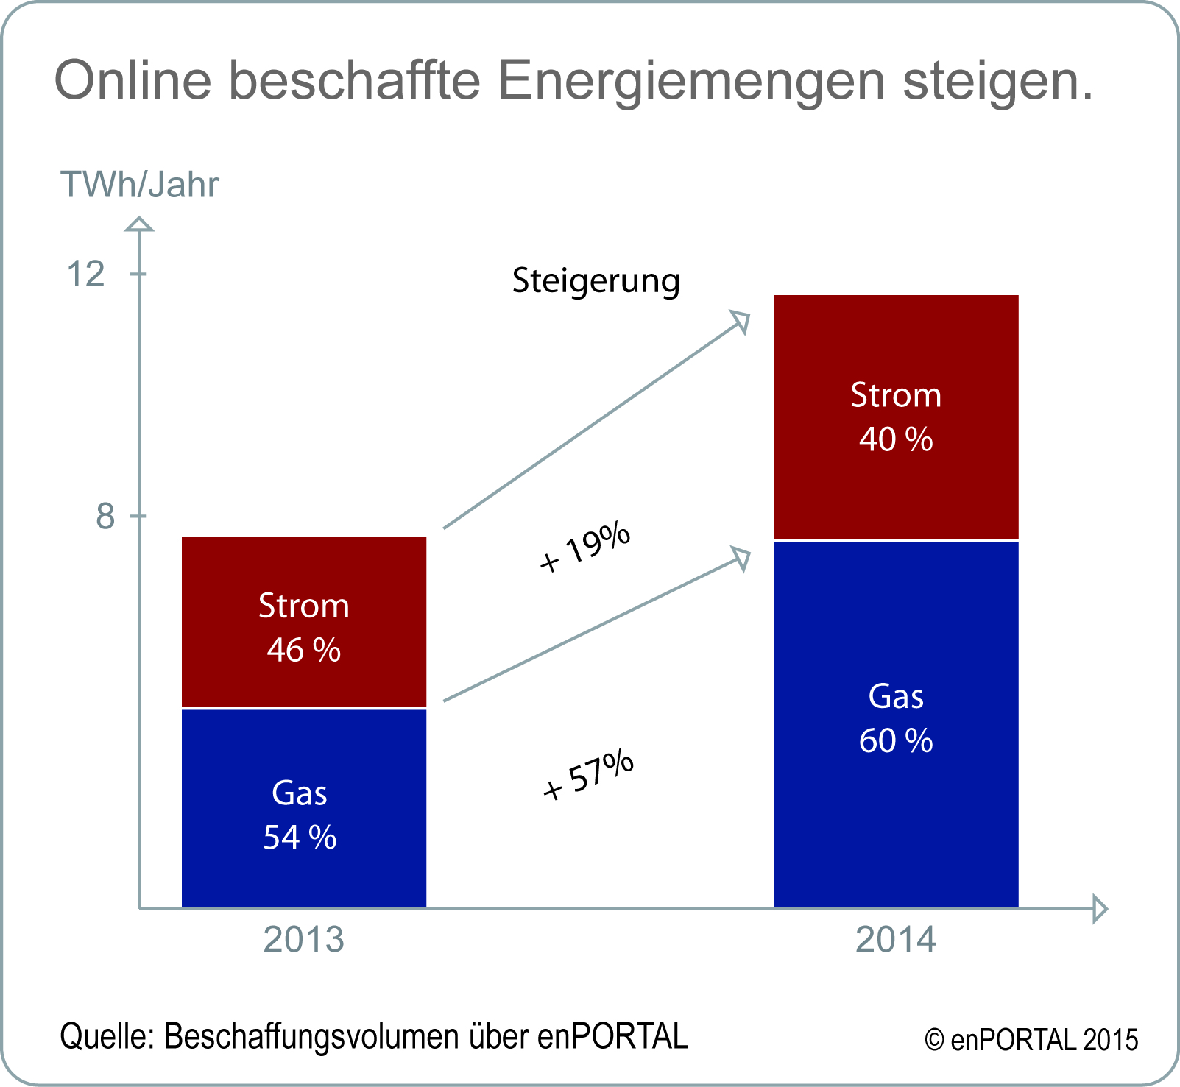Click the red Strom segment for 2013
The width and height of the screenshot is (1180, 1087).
[x=303, y=567]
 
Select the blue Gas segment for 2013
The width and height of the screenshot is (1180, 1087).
[x=303, y=876]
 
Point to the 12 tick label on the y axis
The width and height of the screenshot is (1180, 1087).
[x=86, y=275]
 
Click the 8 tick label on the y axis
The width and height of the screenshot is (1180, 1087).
[x=105, y=517]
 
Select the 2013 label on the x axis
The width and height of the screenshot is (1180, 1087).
[x=303, y=940]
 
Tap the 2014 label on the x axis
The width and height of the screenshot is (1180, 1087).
[x=896, y=940]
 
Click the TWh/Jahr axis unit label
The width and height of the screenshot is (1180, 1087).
[x=140, y=185]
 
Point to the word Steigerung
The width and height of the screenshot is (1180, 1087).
[x=596, y=282]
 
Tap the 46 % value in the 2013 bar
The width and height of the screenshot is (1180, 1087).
[x=303, y=650]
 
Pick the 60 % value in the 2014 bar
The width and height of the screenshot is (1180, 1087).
[x=896, y=740]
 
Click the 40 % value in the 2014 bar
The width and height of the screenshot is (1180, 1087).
[x=896, y=439]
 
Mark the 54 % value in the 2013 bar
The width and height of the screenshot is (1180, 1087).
[x=300, y=838]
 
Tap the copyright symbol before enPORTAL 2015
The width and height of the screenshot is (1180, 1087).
[x=934, y=1041]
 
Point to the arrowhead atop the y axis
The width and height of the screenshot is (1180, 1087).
[x=139, y=224]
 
